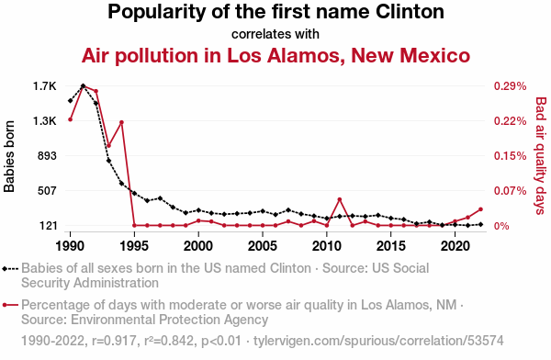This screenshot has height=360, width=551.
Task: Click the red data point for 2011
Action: tap(340, 199)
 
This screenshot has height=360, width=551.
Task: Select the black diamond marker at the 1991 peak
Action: tap(84, 85)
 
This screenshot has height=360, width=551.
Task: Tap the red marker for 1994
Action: tap(121, 122)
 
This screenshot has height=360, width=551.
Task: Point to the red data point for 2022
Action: tap(480, 209)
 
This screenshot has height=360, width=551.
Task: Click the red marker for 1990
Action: tap(71, 119)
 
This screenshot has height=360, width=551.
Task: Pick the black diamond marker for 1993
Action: tap(109, 161)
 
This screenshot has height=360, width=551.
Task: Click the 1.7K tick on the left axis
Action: tap(45, 86)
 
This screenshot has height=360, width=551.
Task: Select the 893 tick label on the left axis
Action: tap(47, 156)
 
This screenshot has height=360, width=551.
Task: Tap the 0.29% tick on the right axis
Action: tap(511, 86)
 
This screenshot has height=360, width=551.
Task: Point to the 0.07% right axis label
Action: tap(511, 191)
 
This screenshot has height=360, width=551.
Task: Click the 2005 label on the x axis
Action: tap(263, 246)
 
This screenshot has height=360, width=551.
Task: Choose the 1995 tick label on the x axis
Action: tap(134, 246)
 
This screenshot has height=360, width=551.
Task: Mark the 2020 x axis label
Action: tap(455, 246)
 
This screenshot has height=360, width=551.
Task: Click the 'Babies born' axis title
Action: tap(9, 156)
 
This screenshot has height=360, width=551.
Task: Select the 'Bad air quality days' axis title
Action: tap(541, 156)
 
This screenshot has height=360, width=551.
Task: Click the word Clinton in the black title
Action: tap(410, 11)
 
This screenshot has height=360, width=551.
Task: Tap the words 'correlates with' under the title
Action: tap(275, 34)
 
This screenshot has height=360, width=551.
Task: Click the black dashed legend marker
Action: tap(10, 269)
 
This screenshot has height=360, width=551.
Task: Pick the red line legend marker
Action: tap(10, 305)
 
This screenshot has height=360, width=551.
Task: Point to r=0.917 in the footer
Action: tap(114, 341)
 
